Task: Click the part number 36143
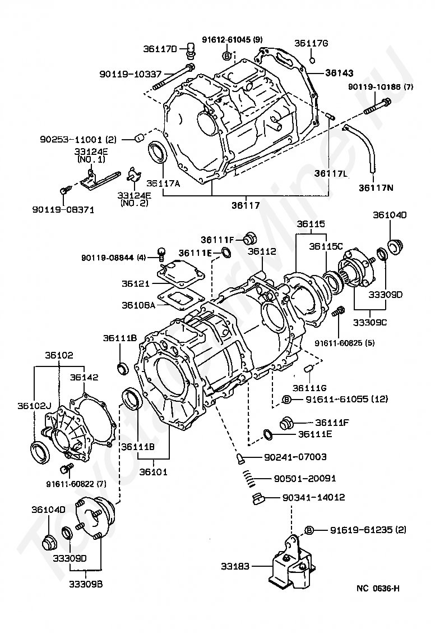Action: tap(340, 72)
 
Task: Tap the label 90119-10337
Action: tap(130, 74)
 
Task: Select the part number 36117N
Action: tap(376, 188)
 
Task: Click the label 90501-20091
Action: tap(305, 478)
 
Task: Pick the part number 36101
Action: tap(153, 471)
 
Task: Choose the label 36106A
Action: tap(138, 305)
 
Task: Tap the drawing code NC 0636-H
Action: tap(378, 588)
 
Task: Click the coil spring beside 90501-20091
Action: tap(251, 478)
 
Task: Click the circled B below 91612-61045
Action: tap(227, 56)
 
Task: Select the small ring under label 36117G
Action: tap(312, 61)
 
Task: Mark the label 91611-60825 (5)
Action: tap(345, 343)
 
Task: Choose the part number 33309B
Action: tap(86, 584)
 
